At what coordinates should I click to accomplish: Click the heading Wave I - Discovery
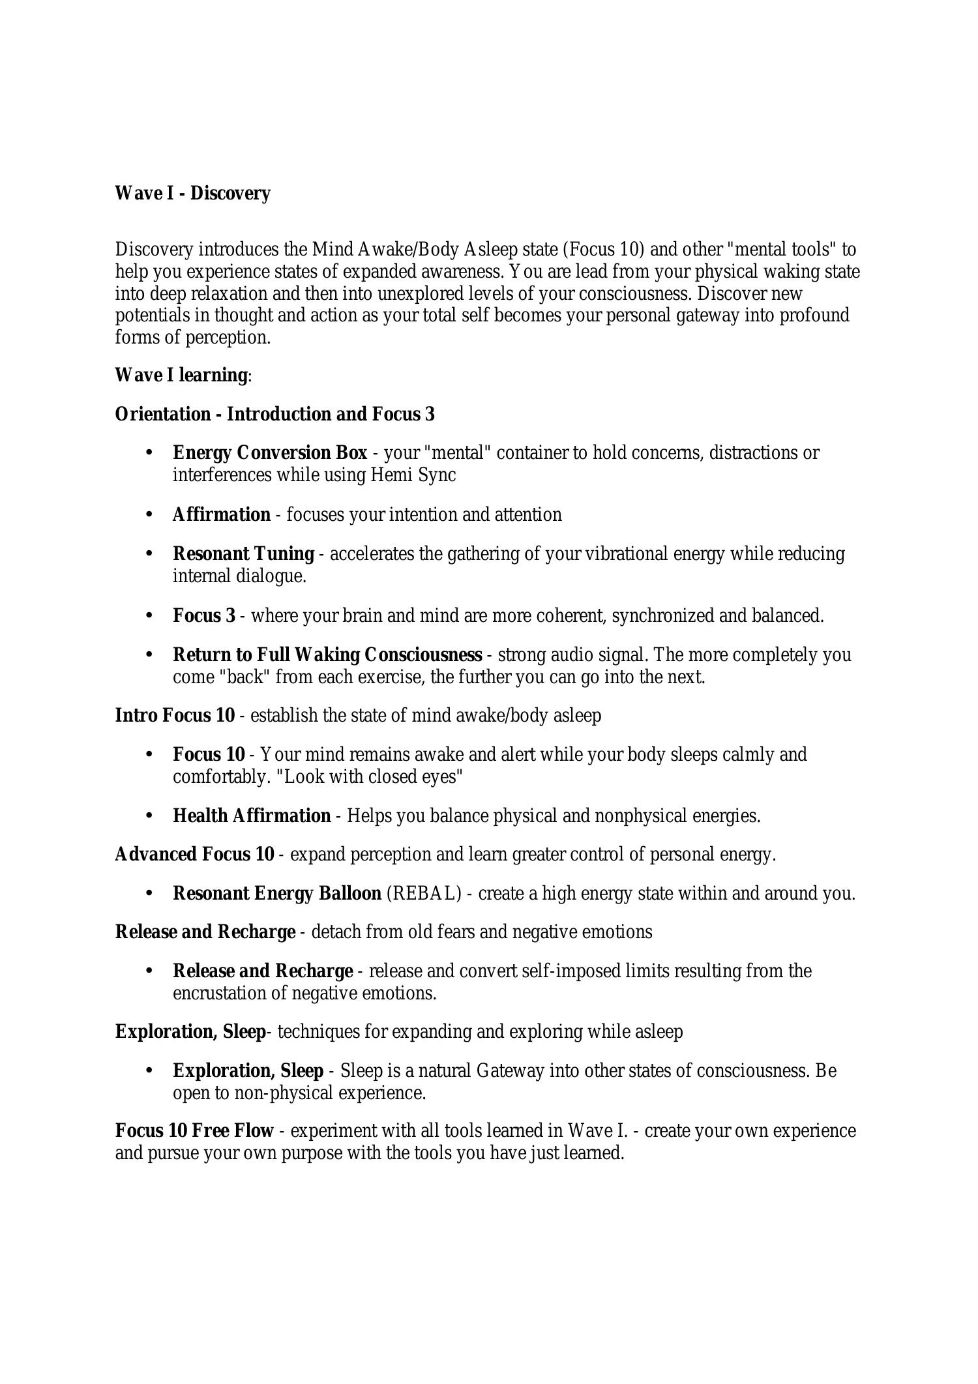click(192, 194)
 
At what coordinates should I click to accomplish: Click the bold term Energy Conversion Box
click(270, 452)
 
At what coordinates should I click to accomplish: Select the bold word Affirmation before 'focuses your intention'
click(222, 515)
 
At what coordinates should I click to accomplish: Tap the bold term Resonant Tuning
click(243, 554)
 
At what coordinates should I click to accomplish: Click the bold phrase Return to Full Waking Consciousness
click(327, 655)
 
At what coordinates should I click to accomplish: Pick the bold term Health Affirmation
click(252, 816)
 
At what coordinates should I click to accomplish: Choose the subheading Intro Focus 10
click(175, 716)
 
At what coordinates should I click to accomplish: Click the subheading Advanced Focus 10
click(194, 855)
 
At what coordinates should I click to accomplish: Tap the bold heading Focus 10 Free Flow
click(194, 1131)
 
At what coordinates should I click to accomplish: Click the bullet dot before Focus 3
click(149, 615)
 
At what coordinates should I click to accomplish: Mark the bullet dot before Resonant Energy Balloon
click(149, 893)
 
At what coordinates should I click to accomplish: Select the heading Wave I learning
click(181, 375)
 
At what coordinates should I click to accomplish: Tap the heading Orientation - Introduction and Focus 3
click(274, 415)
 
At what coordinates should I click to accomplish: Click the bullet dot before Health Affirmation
click(149, 816)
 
